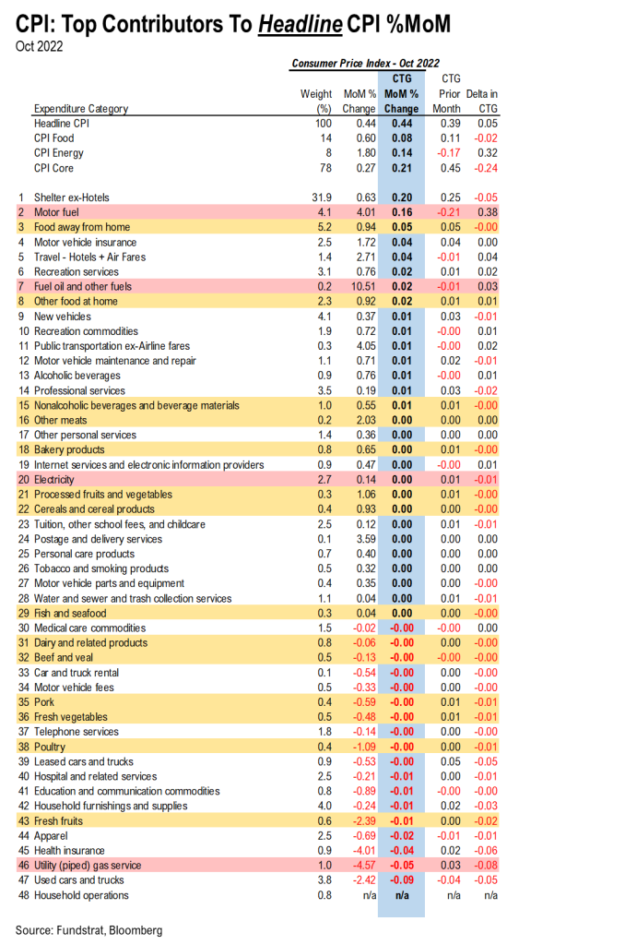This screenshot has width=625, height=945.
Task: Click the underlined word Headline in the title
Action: tap(301, 24)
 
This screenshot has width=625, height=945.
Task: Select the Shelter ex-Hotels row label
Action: tap(72, 197)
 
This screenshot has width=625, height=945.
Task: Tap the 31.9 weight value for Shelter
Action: tap(322, 197)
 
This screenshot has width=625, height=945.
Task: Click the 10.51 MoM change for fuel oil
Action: tap(364, 286)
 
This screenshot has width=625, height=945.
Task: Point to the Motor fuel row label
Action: tap(56, 212)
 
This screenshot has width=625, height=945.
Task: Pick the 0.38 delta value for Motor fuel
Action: tap(488, 212)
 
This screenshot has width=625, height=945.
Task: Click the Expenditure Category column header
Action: tap(81, 109)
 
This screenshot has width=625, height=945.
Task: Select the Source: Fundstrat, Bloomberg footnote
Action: tap(89, 930)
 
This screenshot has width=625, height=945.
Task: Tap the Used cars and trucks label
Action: tap(79, 879)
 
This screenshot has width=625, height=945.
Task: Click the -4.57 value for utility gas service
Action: tap(364, 866)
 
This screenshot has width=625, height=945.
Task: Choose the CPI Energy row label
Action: tap(59, 153)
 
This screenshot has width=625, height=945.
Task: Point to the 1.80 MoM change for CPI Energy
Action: tap(366, 153)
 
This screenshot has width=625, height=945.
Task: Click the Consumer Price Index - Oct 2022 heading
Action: tap(365, 64)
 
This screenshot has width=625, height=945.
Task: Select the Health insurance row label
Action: tap(69, 850)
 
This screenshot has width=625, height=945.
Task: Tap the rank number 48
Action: tap(24, 895)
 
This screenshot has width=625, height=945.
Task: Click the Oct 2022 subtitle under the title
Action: tap(39, 46)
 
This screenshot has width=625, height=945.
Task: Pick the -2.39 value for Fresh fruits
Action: tap(364, 820)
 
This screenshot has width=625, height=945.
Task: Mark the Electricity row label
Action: tap(54, 480)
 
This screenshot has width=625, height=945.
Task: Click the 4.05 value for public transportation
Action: tap(366, 346)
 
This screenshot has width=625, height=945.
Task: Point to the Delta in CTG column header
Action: tap(482, 102)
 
